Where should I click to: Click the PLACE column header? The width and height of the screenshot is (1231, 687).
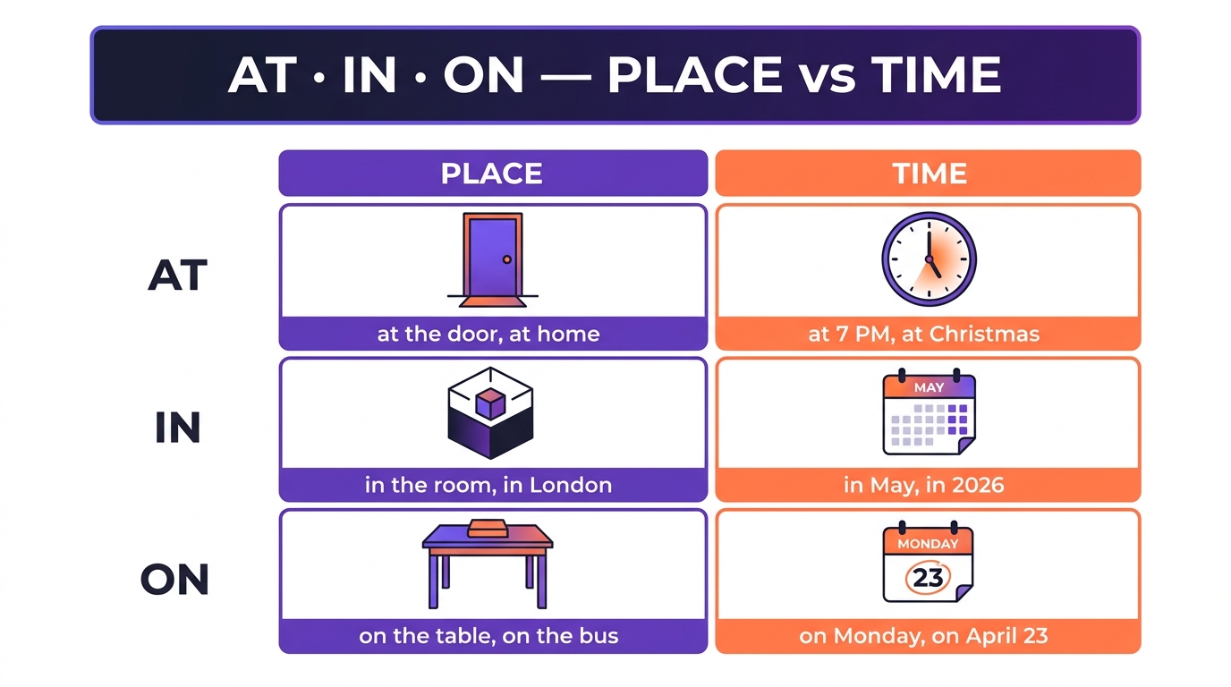click(x=492, y=174)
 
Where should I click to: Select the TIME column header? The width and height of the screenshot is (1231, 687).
click(x=929, y=174)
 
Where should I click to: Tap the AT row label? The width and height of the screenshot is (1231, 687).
click(x=177, y=275)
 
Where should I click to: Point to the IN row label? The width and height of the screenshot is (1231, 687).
click(x=177, y=427)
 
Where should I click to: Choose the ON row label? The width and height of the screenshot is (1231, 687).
click(x=174, y=580)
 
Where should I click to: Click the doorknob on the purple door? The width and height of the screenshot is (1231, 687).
click(x=506, y=259)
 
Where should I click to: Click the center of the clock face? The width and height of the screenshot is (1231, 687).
click(x=929, y=259)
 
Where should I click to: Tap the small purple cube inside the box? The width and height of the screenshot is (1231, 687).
click(x=489, y=403)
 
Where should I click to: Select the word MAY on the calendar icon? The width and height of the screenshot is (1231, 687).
click(x=929, y=387)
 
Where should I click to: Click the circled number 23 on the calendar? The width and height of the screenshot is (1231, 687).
click(x=928, y=578)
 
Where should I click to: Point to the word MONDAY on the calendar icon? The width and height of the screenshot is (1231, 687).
click(x=928, y=544)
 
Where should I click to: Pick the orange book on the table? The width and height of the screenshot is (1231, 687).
click(x=487, y=528)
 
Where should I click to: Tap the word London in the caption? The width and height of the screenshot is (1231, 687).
click(x=571, y=485)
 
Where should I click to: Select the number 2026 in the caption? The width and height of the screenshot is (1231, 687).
click(x=978, y=485)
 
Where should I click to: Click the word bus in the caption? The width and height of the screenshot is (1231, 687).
click(x=599, y=636)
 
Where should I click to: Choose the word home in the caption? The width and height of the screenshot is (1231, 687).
click(x=568, y=334)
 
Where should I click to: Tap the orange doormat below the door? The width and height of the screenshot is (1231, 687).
click(x=492, y=301)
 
